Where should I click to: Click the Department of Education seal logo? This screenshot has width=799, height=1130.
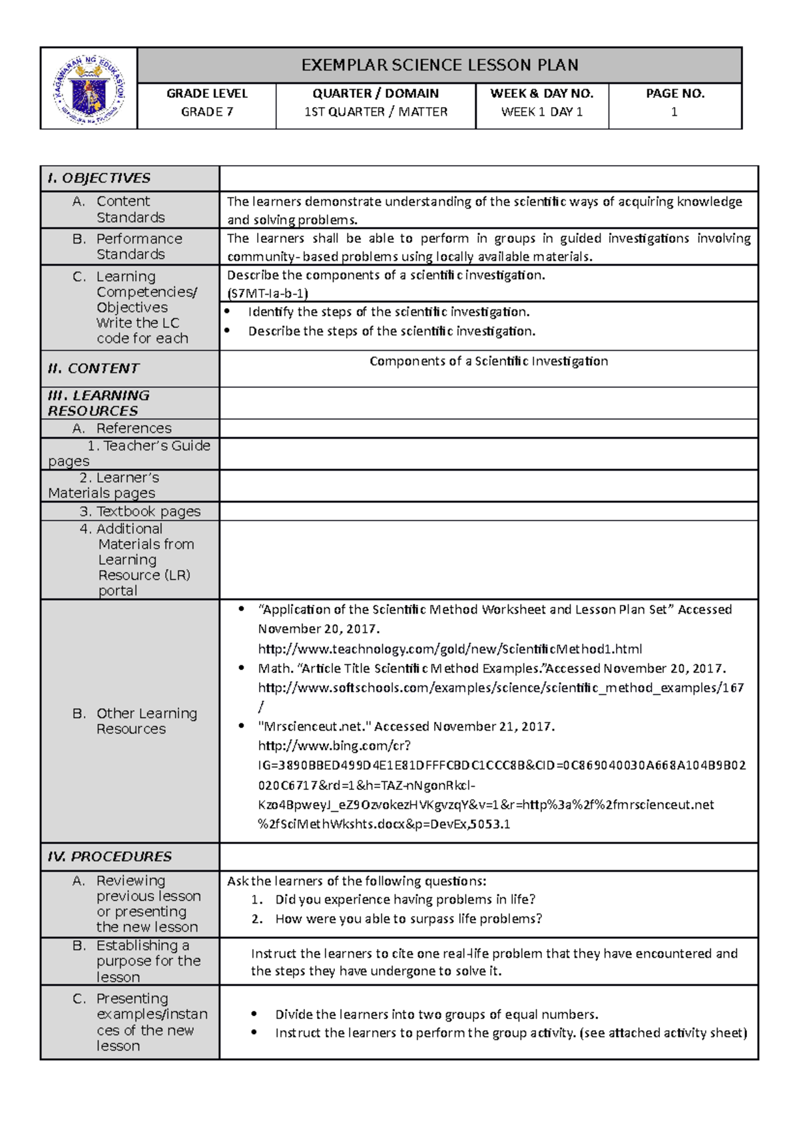[89, 89]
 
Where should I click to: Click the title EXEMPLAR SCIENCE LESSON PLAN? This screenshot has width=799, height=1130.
[439, 65]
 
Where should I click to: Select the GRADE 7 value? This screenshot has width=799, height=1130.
[206, 112]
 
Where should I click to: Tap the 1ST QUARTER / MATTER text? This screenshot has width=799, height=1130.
[376, 112]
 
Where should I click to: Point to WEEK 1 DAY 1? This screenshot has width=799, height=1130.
[541, 112]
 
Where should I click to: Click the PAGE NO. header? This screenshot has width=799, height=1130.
[674, 94]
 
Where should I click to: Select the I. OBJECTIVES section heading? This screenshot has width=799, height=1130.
[99, 178]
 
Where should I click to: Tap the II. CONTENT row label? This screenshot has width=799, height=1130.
[94, 369]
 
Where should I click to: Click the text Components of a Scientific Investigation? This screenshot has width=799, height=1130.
[488, 361]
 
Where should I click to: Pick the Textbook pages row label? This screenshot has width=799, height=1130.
[140, 512]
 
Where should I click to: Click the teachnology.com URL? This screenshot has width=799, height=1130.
[449, 649]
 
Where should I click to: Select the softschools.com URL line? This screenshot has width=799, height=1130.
[500, 687]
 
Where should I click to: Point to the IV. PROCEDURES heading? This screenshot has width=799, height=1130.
[110, 857]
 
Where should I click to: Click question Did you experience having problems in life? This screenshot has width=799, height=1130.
[405, 900]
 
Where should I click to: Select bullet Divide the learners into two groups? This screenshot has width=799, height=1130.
[436, 1015]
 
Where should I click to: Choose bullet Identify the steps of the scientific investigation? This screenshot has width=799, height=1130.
[389, 312]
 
